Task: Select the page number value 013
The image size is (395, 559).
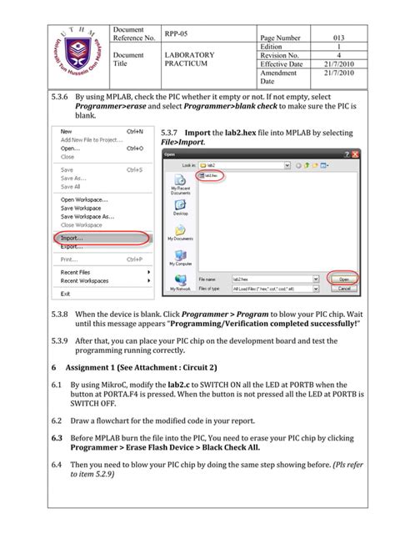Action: pyautogui.click(x=338, y=38)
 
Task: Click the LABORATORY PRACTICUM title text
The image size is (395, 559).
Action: pyautogui.click(x=189, y=59)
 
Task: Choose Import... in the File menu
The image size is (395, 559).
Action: pyautogui.click(x=72, y=237)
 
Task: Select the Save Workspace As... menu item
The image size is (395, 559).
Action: pyautogui.click(x=87, y=216)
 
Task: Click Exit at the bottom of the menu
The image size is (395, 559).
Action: pyautogui.click(x=66, y=293)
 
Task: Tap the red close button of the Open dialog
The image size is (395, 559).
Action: pyautogui.click(x=356, y=154)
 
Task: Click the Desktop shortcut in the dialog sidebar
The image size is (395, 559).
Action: pyautogui.click(x=180, y=209)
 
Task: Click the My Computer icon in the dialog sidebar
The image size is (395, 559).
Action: pyautogui.click(x=180, y=259)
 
